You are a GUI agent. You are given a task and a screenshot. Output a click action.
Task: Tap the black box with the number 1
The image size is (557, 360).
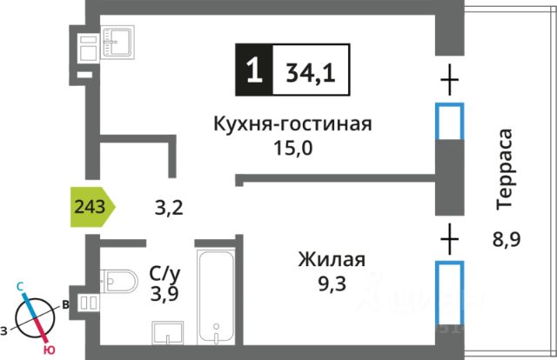pyautogui.click(x=253, y=70)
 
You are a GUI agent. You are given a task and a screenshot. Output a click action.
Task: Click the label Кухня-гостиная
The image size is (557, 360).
pyautogui.click(x=292, y=124)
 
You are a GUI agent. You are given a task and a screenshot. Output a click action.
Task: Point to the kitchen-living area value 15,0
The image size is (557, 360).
pyautogui.click(x=292, y=148)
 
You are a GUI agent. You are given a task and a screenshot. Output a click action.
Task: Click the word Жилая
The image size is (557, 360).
pyautogui.click(x=331, y=259)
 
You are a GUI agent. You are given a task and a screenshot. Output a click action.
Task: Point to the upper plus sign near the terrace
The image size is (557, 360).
pyautogui.click(x=449, y=83)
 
